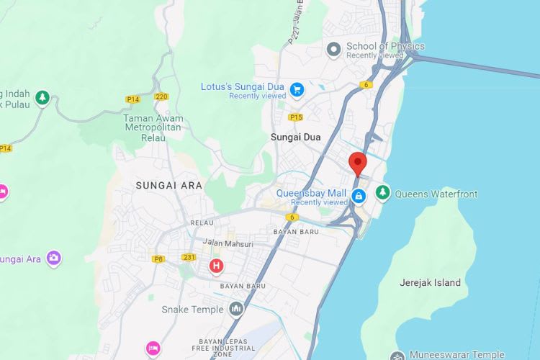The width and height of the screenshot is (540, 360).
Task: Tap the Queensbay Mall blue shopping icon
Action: click(x=359, y=194)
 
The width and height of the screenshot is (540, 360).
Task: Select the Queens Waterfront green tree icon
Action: click(x=382, y=193)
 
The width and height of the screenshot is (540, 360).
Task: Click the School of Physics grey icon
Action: click(x=333, y=50)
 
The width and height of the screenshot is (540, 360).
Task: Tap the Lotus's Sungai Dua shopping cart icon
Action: click(x=297, y=89)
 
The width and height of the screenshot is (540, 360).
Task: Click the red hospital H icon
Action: click(x=215, y=266)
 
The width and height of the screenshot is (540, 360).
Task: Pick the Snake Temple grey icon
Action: click(x=236, y=310)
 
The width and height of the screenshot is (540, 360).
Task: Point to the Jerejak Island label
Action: click(x=430, y=283)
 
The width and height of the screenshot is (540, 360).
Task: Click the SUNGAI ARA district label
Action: click(x=169, y=185)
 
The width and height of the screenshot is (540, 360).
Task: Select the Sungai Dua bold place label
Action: click(x=295, y=137)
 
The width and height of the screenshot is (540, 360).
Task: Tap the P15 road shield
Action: click(x=295, y=117)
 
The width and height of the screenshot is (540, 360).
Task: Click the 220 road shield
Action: click(x=161, y=96)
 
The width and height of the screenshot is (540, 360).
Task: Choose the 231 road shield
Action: click(x=189, y=257)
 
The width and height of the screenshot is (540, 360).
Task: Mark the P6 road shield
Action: click(x=159, y=258)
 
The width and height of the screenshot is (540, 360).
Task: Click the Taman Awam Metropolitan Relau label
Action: click(x=153, y=127)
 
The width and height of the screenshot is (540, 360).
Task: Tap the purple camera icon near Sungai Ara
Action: click(x=53, y=257)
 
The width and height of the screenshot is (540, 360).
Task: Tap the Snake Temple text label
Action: click(x=192, y=310)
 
